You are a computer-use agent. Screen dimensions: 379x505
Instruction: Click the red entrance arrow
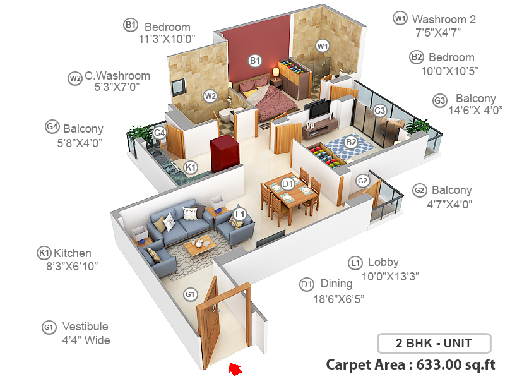(235, 368)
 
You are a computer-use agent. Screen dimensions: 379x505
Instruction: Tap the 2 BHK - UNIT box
(434, 344)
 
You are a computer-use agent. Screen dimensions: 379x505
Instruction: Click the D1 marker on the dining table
(288, 184)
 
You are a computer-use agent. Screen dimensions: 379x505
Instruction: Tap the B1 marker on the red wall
(255, 61)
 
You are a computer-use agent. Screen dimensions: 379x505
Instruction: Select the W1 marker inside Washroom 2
(323, 46)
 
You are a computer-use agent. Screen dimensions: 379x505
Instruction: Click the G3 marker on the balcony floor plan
(379, 111)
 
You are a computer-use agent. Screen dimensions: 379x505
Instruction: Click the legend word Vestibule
(85, 327)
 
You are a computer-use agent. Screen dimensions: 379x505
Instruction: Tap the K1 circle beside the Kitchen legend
(44, 253)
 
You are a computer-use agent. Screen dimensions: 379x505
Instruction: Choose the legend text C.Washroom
(118, 76)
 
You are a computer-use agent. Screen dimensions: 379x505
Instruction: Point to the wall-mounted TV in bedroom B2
(319, 109)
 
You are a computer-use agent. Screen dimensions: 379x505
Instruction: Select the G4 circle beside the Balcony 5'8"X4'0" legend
(52, 126)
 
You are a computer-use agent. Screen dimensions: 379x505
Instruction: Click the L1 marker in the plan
(239, 214)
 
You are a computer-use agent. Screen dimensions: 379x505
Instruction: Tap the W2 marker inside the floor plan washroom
(210, 96)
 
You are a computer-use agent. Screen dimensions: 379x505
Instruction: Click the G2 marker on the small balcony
(362, 181)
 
